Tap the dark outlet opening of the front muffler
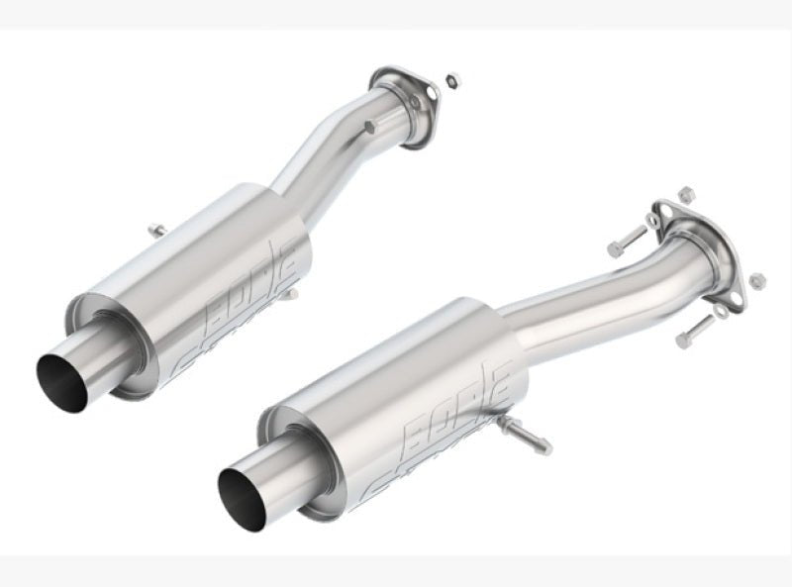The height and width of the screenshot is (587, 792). tap(239, 498)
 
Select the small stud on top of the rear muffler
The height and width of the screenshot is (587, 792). tap(156, 230)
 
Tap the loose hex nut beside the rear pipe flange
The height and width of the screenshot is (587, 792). tap(451, 80)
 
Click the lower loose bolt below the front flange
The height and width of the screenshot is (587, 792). tap(695, 331)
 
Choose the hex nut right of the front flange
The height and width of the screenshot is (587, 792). tap(757, 281)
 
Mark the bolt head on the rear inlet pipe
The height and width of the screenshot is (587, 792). tap(369, 128)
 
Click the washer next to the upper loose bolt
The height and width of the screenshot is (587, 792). tap(652, 219)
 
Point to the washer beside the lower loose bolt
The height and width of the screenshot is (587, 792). tap(720, 311)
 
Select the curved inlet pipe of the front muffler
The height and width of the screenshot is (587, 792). tap(604, 297)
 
